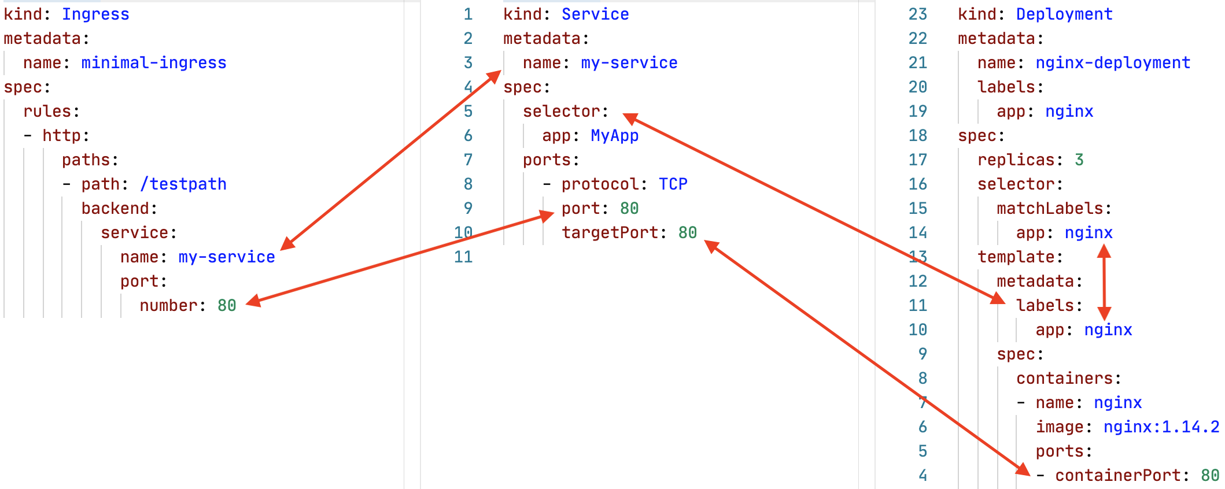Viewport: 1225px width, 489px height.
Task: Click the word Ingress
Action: tap(95, 14)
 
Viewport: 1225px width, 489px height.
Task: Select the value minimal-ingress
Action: tap(154, 62)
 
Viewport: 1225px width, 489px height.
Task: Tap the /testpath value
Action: tap(183, 184)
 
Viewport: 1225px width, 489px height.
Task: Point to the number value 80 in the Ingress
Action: tap(227, 305)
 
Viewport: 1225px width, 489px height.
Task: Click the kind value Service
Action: tap(595, 14)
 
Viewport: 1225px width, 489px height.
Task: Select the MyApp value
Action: tap(615, 135)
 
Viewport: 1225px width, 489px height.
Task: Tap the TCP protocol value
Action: tap(673, 184)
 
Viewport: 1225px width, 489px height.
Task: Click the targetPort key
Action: tap(610, 232)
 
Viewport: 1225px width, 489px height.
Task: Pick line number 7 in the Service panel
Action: tap(468, 160)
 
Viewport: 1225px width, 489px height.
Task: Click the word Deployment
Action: tap(1064, 14)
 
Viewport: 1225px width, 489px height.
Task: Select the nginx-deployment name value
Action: tap(1113, 62)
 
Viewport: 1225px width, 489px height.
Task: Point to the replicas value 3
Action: tap(1079, 160)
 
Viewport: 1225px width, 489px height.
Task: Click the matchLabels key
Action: tap(1050, 208)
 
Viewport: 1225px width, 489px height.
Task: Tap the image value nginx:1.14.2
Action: tap(1161, 427)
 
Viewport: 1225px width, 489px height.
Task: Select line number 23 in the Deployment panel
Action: tap(918, 14)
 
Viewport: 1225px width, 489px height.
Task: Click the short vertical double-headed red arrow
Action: tap(1104, 282)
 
